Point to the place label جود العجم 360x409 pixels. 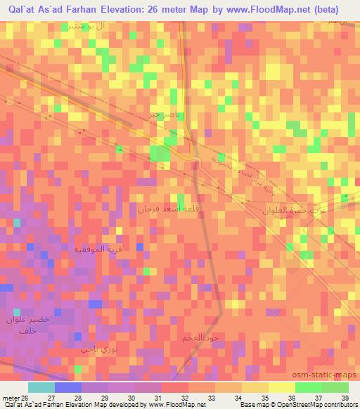[x=200, y=338]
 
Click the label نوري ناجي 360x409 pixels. [x=96, y=349]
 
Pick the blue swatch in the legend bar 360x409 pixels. [x=68, y=387]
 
